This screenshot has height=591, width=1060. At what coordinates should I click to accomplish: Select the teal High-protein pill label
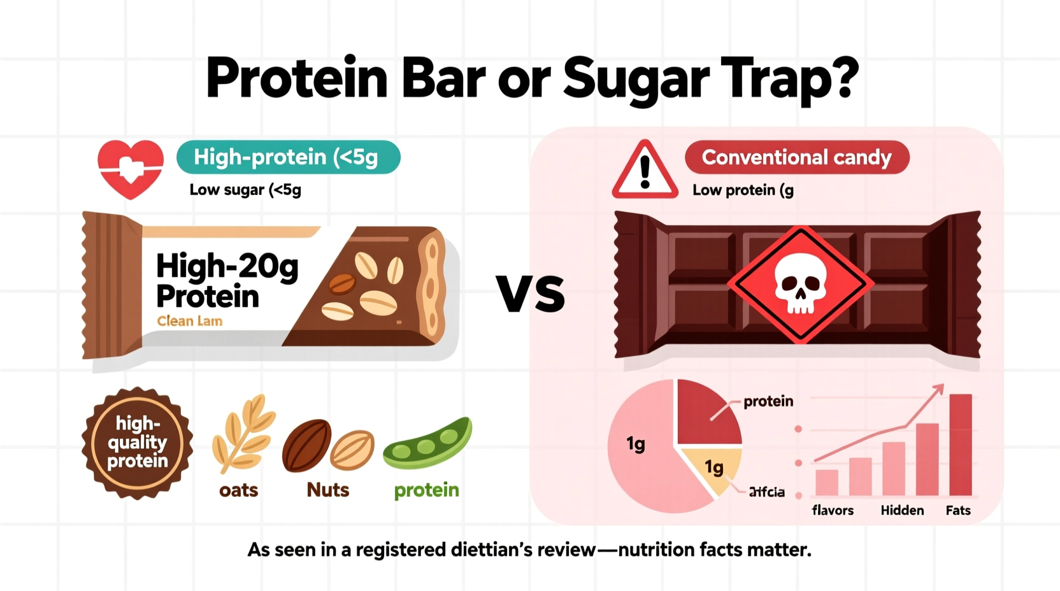coord(288,157)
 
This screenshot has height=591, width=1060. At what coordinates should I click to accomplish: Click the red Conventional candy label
coord(796,157)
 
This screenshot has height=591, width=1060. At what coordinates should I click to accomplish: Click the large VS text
coord(531,294)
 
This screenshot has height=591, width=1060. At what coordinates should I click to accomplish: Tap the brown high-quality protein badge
coord(137,443)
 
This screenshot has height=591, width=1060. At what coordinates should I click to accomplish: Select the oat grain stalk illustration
coord(243,433)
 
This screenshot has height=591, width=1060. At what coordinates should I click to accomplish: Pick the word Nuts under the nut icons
coord(327,490)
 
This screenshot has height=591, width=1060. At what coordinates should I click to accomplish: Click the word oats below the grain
coord(238,490)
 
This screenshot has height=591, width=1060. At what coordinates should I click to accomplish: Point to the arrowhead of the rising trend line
coord(938,388)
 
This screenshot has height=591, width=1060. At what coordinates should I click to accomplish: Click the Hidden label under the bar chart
coord(902,511)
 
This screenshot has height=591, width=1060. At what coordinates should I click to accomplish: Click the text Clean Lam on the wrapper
coord(190,321)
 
